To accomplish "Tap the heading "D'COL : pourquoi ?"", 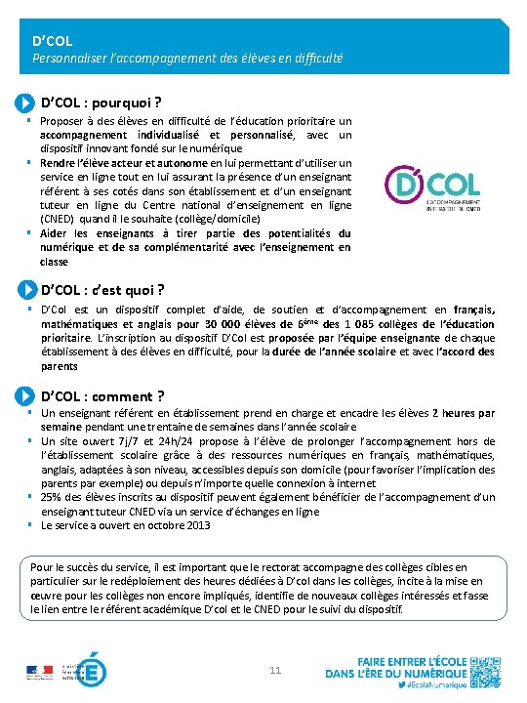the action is click(101, 102).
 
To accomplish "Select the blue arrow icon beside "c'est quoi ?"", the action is click(27, 290).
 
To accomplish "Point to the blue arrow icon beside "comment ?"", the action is click(27, 395).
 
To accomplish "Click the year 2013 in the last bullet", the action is click(195, 525).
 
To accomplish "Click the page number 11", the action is click(275, 670).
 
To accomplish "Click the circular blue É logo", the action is click(92, 672).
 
